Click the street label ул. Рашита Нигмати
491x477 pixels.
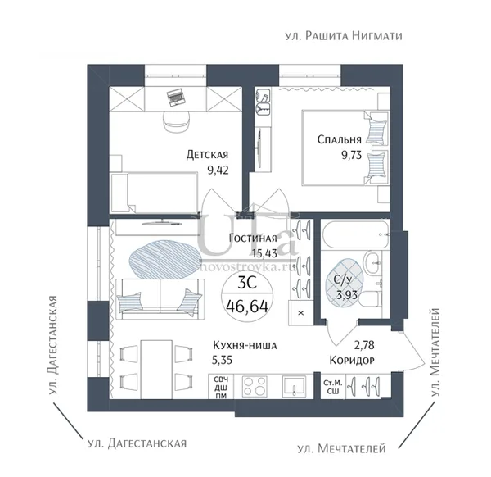[x=344, y=36]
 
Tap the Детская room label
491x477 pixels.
[x=207, y=155]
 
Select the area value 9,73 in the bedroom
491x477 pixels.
[x=351, y=155]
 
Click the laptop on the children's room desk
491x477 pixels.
[x=175, y=97]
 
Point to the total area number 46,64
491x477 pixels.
[x=247, y=306]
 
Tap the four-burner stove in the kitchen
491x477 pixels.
[x=255, y=386]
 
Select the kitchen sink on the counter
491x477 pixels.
[x=294, y=386]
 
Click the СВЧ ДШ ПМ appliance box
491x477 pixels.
[x=221, y=388]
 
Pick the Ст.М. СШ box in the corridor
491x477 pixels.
[x=333, y=388]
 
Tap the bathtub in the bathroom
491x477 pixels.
[x=356, y=235]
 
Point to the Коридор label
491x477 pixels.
[x=352, y=360]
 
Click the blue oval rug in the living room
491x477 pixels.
[x=165, y=260]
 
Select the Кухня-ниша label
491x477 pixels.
[x=245, y=345]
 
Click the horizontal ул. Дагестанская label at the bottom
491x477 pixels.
[x=137, y=443]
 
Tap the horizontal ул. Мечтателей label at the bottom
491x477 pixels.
[x=341, y=449]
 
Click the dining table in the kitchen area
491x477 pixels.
[x=156, y=370]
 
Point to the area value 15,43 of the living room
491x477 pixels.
[x=264, y=253]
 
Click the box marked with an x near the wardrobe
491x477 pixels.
[x=301, y=312]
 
